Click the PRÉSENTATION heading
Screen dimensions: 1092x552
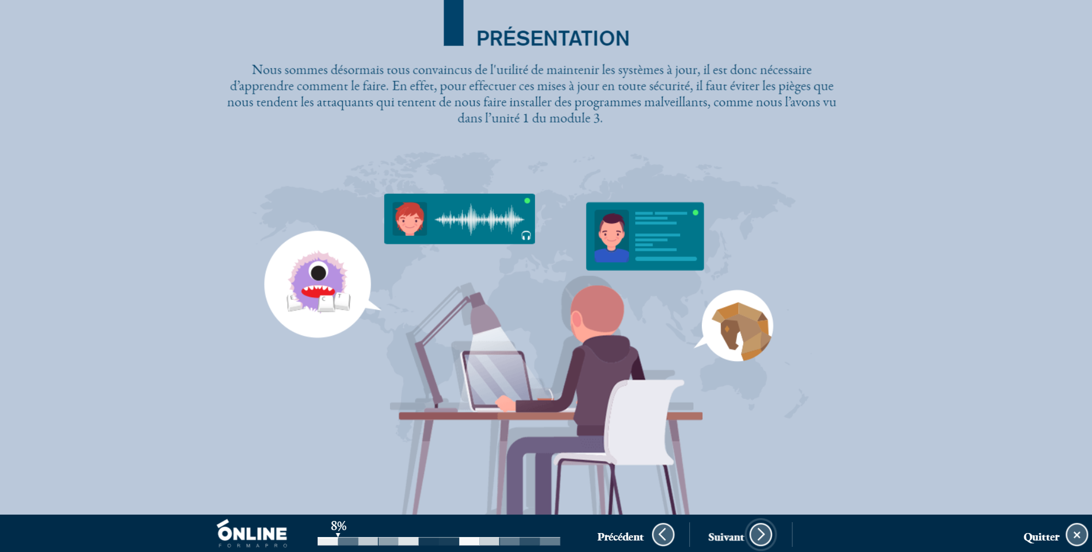(x=553, y=39)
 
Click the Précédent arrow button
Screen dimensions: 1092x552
(x=663, y=535)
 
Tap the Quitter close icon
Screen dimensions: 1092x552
(x=1076, y=535)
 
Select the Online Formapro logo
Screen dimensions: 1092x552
(x=252, y=533)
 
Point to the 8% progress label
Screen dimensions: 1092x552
(x=338, y=526)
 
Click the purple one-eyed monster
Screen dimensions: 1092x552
(x=318, y=282)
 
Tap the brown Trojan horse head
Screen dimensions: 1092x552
(x=740, y=330)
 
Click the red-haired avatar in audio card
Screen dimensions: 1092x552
(x=410, y=219)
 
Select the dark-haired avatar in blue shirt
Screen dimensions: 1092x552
(x=612, y=237)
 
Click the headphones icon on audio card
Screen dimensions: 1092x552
(x=526, y=235)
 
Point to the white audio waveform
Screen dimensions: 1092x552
(x=479, y=219)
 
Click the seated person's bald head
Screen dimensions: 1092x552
(x=597, y=310)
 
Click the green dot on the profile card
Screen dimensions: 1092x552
(x=696, y=213)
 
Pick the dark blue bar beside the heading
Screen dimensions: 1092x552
(x=453, y=23)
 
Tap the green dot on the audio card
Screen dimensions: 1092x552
(x=527, y=201)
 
